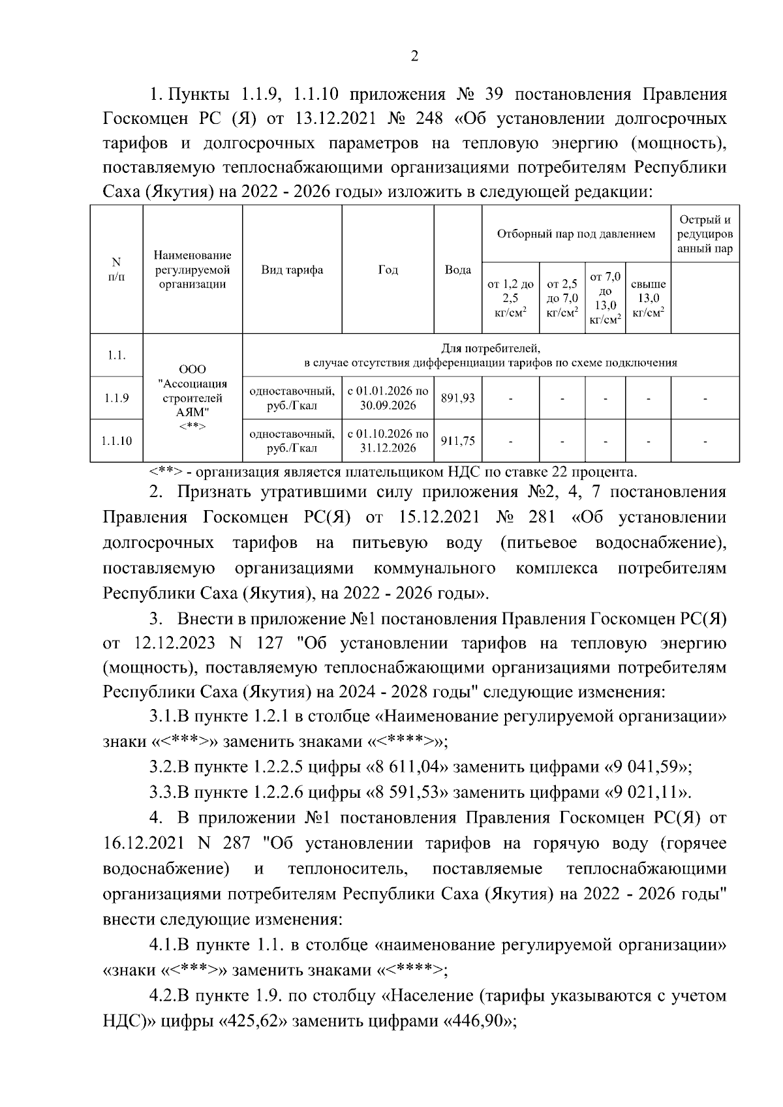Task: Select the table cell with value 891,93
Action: (457, 398)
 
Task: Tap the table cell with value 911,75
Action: (457, 441)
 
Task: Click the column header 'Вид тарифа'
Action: (292, 270)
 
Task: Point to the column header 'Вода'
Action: (457, 270)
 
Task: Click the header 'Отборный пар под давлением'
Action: (576, 234)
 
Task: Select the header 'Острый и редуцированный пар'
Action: (705, 234)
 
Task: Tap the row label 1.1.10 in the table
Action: (116, 441)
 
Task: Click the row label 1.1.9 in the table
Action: (116, 398)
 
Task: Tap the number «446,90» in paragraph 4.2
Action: (477, 1022)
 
